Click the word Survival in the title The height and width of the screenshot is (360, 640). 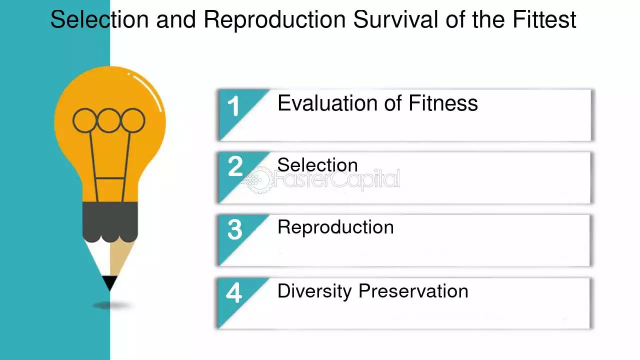tap(395, 19)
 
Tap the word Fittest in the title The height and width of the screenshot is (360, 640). tap(544, 19)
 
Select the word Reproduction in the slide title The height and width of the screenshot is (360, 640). tap(274, 20)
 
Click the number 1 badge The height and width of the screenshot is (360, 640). tap(233, 106)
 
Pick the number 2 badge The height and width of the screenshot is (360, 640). tap(235, 166)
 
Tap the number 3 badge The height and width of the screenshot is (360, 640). tap(235, 229)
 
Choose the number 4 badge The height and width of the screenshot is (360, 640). tap(233, 292)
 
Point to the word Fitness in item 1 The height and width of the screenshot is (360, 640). tap(443, 103)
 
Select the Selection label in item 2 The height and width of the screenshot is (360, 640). tap(317, 165)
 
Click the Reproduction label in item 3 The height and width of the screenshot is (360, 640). tap(335, 227)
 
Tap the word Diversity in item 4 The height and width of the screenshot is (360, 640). tap(314, 291)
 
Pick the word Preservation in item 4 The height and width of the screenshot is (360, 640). tap(413, 291)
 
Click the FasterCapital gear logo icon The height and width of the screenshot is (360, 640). tap(256, 180)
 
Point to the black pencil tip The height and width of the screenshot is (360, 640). tap(109, 283)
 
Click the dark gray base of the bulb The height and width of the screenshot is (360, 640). tap(110, 221)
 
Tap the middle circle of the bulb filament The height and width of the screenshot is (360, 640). tap(109, 120)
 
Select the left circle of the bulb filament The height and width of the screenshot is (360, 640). tap(85, 120)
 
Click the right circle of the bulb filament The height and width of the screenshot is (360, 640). tap(133, 120)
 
